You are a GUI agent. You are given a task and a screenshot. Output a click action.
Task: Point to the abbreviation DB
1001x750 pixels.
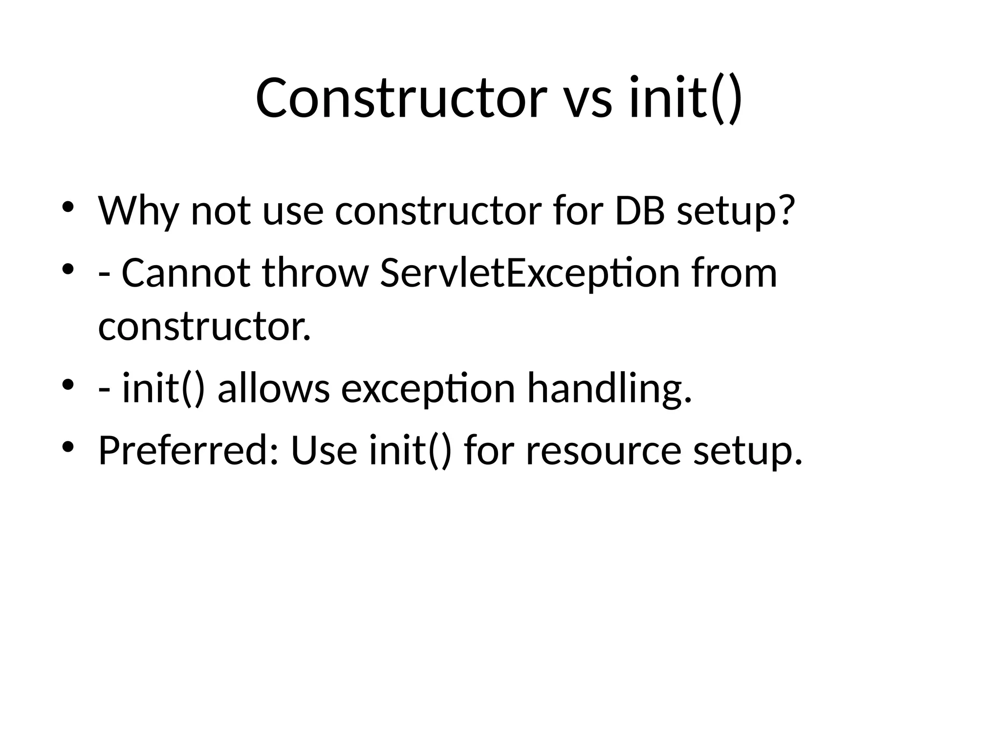pyautogui.click(x=639, y=210)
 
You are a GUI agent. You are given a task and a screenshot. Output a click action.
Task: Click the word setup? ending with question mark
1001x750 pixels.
pyautogui.click(x=736, y=211)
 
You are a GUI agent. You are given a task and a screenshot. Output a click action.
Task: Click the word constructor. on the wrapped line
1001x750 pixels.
pyautogui.click(x=204, y=326)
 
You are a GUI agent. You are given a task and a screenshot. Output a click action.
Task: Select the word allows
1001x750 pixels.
pyautogui.click(x=274, y=388)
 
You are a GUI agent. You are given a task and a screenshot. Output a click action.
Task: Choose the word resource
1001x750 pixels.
pyautogui.click(x=603, y=451)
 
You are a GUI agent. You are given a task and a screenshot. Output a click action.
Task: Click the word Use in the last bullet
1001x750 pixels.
pyautogui.click(x=324, y=450)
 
